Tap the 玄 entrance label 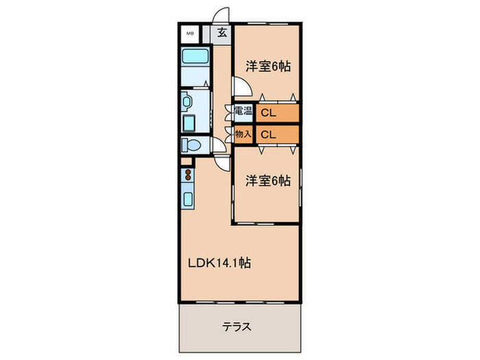pos(222,32)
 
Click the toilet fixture pos(192,145)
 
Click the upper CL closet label pos(268,112)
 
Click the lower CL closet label pos(268,134)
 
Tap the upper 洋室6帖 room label pos(268,67)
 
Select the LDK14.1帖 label pos(219,263)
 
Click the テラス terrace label pos(237,326)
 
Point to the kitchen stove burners pos(188,176)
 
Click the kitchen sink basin pos(188,201)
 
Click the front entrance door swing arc pos(221,16)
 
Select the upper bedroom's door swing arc pos(239,86)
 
